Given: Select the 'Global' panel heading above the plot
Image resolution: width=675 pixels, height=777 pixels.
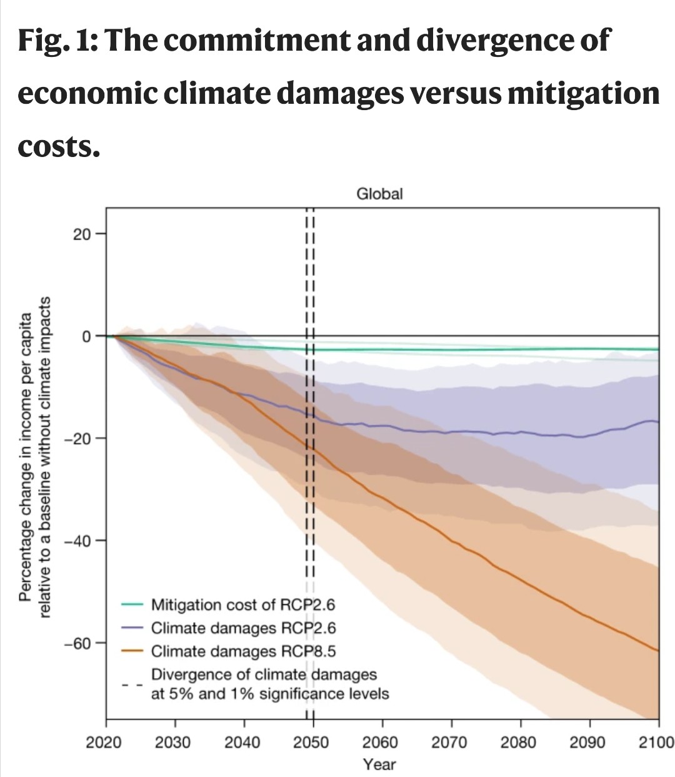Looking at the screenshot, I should click(379, 194).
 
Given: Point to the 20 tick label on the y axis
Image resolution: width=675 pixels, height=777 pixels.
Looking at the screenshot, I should click(82, 235).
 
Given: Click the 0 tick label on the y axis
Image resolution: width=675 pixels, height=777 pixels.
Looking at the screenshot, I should click(86, 337).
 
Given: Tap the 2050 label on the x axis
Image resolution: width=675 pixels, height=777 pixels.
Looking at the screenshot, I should click(312, 743).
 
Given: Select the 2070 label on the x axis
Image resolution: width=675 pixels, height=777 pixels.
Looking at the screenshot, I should click(449, 743).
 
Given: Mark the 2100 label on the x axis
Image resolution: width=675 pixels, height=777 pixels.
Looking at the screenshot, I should click(656, 743).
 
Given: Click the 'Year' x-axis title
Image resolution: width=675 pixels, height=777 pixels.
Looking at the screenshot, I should click(379, 764).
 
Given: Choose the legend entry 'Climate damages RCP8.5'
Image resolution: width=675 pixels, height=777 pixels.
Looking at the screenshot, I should click(244, 651).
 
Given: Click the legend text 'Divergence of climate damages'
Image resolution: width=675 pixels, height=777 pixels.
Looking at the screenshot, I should click(264, 675).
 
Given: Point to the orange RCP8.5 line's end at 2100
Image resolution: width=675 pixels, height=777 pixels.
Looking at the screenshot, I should click(657, 651).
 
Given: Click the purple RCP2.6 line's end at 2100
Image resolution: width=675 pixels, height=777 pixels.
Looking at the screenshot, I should click(657, 422).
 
